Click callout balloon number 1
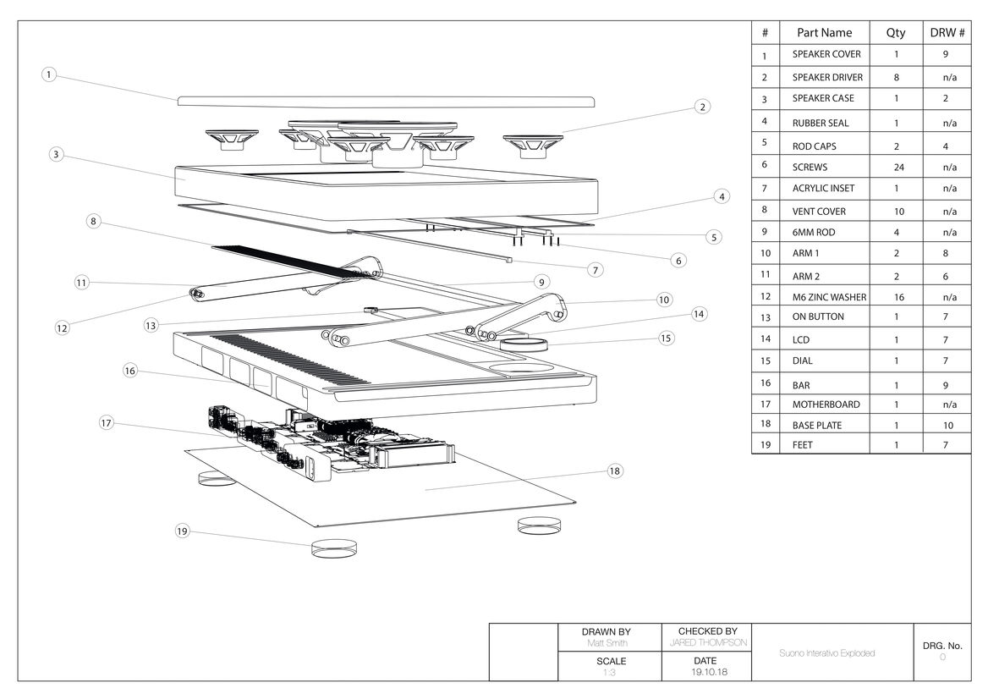(49, 74)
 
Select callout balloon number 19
(183, 531)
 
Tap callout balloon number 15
(667, 338)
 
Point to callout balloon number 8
(95, 222)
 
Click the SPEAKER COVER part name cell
(826, 54)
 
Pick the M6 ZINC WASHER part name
(829, 297)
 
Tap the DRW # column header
(947, 33)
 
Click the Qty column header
(895, 33)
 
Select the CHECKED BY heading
(707, 631)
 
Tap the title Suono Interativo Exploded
(826, 653)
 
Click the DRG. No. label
(942, 646)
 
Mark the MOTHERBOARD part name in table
(826, 405)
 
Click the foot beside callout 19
(333, 547)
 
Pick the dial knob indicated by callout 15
(524, 344)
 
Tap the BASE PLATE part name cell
(816, 425)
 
